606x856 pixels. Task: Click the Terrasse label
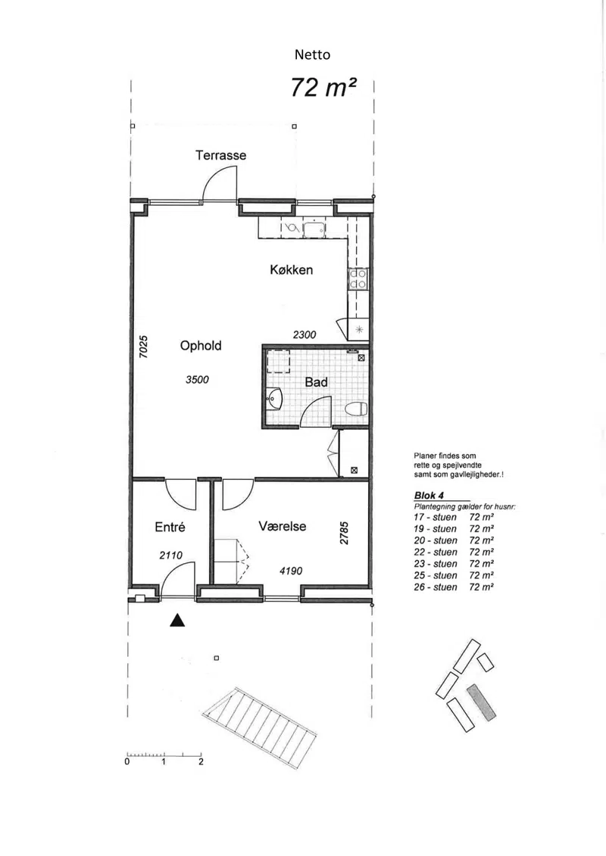click(x=220, y=155)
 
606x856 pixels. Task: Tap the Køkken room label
click(x=291, y=269)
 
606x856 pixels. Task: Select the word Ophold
click(x=201, y=346)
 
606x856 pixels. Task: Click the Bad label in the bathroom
click(x=316, y=382)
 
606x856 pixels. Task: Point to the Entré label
click(x=170, y=527)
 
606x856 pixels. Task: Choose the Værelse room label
click(x=282, y=526)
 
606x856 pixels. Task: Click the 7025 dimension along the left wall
click(x=143, y=347)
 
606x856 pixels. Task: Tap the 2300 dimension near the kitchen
click(x=305, y=335)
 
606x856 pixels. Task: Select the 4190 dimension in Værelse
click(x=291, y=571)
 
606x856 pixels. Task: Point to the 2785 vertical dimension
click(x=344, y=534)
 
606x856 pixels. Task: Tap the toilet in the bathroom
click(x=357, y=409)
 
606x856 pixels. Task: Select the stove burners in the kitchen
click(x=358, y=279)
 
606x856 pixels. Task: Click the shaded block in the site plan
click(x=482, y=702)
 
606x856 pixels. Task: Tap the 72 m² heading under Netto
click(x=323, y=87)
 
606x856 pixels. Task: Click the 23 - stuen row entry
click(x=435, y=564)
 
